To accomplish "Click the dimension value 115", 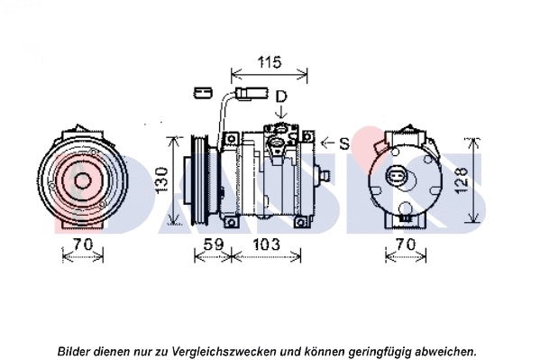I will tap(268, 62).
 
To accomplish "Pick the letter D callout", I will tap(281, 97).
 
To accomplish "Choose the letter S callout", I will tap(344, 143).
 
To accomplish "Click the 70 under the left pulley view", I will tap(82, 244).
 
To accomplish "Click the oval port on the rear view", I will tap(399, 175).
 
